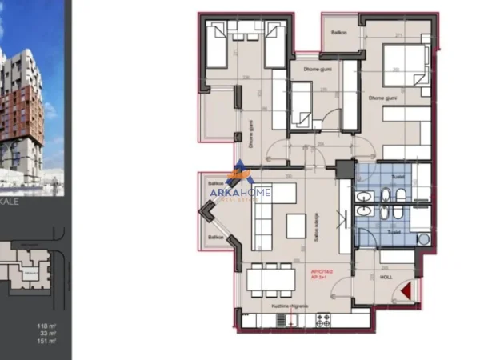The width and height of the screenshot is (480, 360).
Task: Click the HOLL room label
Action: (x=386, y=278)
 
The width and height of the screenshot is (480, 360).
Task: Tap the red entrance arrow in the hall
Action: (x=409, y=292)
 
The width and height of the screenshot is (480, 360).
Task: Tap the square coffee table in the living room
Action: (x=296, y=226)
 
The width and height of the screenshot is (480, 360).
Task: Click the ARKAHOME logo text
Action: (x=241, y=192)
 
